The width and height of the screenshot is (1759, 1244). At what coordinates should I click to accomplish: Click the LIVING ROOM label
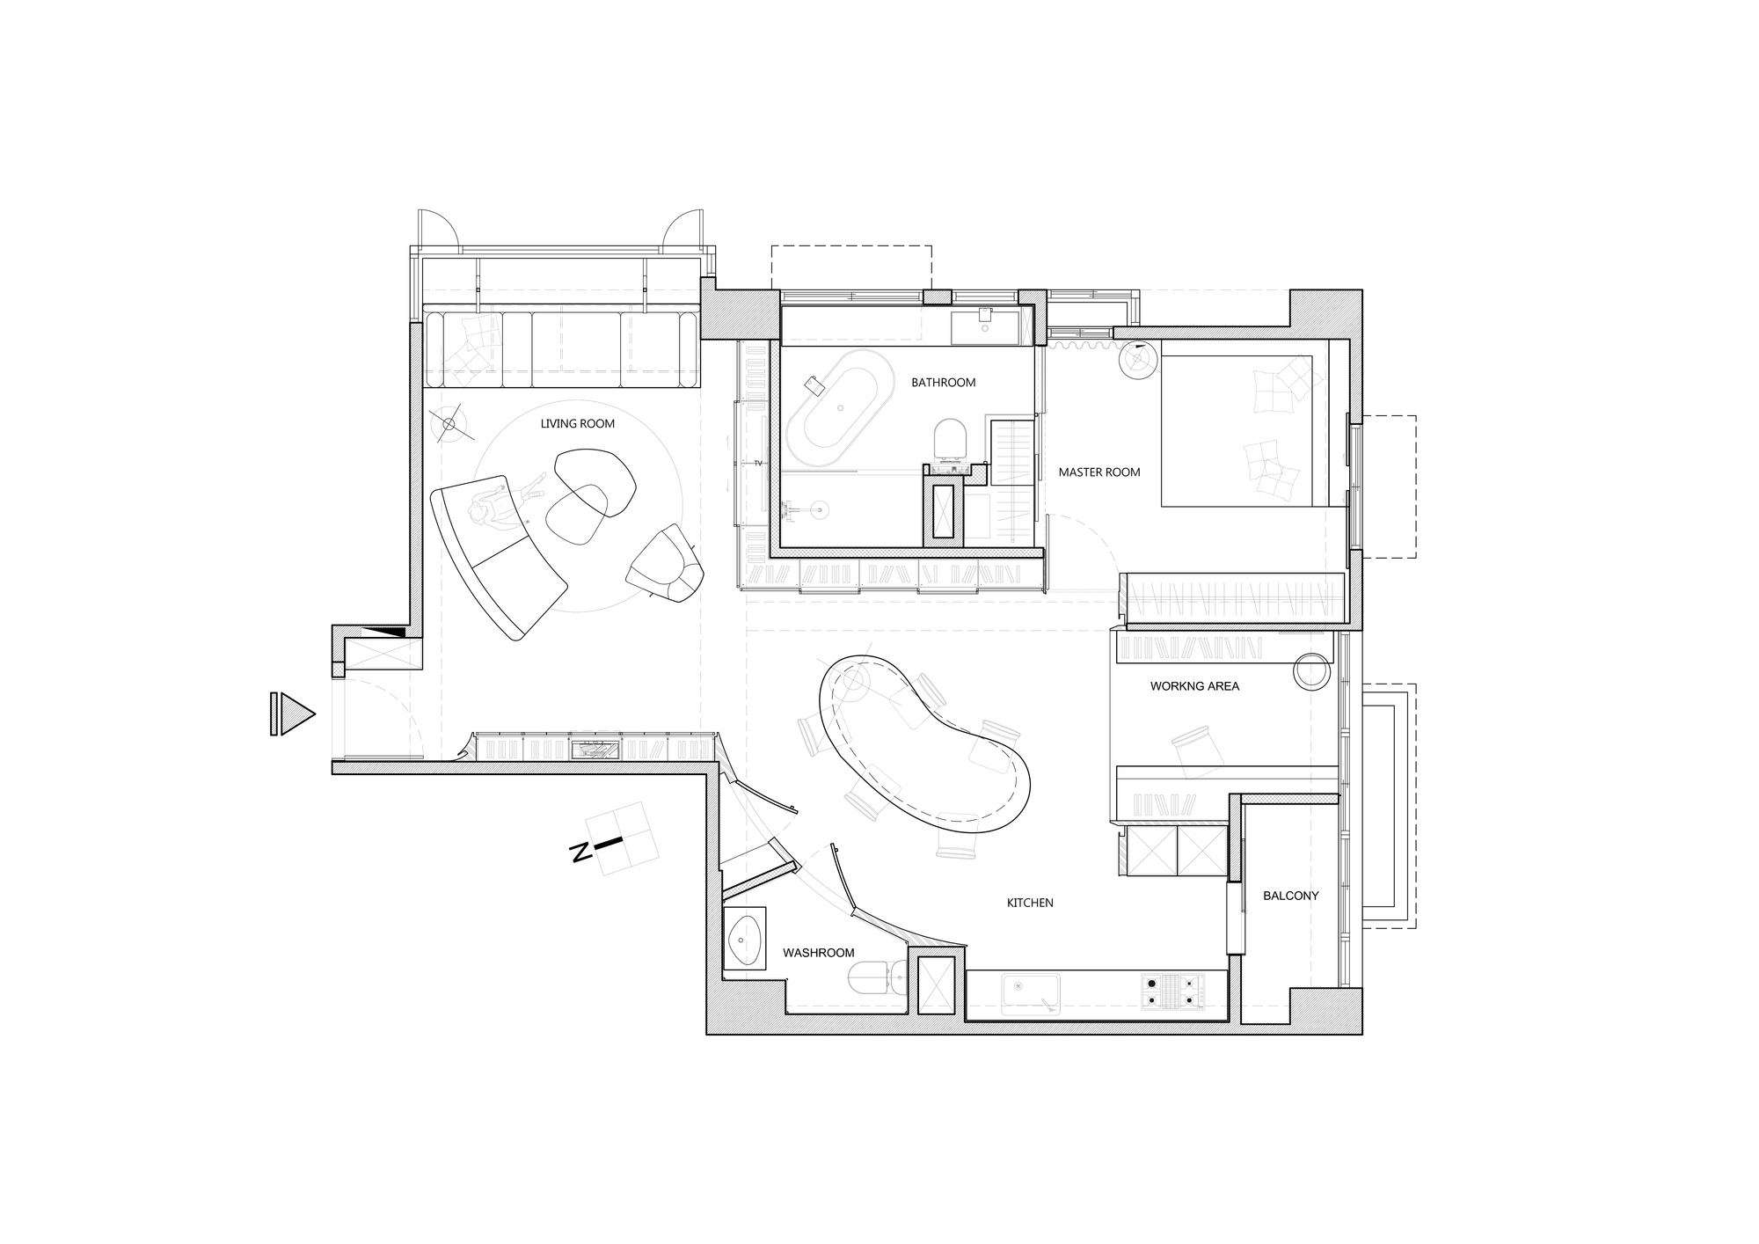click(x=577, y=424)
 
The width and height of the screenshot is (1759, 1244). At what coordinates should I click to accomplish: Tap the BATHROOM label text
click(x=943, y=383)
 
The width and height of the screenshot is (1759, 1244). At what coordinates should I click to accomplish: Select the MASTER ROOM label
click(x=1098, y=472)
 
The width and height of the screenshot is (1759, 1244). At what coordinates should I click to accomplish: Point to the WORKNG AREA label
click(x=1194, y=686)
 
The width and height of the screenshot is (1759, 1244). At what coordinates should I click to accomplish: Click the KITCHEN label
click(x=1030, y=903)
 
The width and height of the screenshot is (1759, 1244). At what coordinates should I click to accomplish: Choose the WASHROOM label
click(x=819, y=953)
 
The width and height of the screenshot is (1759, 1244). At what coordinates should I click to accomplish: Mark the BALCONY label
click(x=1290, y=896)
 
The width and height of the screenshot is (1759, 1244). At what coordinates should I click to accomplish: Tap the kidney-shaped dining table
click(x=924, y=743)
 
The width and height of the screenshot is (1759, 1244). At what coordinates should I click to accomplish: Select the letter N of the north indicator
click(x=580, y=853)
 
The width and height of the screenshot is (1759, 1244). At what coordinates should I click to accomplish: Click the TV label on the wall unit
click(x=757, y=463)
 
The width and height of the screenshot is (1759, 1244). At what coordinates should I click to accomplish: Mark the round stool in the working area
click(x=1312, y=671)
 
